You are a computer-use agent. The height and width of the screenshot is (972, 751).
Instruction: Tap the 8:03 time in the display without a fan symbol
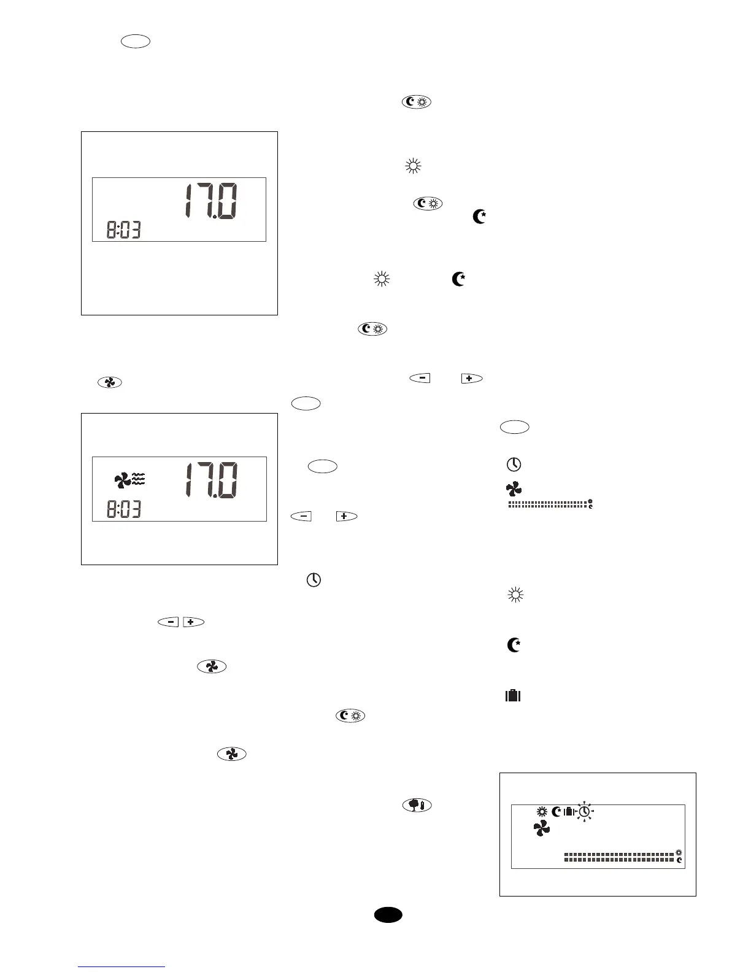pos(123,231)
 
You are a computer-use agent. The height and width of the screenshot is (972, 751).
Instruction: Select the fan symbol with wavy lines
pos(129,479)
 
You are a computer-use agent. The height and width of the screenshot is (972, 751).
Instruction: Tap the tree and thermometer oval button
pos(417,805)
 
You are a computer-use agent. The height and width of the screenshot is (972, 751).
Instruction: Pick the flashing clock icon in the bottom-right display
pos(584,812)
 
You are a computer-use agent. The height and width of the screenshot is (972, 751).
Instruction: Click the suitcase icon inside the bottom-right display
pos(568,811)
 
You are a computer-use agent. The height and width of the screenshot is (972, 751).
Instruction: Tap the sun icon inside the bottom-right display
pos(541,811)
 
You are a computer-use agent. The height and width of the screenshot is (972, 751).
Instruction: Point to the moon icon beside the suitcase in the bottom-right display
pos(556,811)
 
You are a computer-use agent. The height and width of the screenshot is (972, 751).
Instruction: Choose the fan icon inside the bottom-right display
pos(541,828)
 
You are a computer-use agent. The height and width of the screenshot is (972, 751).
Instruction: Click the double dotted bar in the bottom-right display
pos(619,857)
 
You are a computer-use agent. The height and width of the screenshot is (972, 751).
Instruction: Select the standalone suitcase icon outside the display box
pos(512,695)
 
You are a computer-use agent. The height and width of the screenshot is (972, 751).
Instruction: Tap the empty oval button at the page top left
pos(136,42)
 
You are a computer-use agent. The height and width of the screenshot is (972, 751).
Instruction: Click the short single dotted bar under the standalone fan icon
pos(547,504)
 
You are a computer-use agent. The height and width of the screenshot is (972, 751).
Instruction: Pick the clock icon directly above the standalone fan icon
pos(514,464)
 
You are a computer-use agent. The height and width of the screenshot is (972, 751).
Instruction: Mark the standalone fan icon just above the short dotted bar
pos(514,489)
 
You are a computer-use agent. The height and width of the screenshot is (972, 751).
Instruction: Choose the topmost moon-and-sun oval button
pos(417,102)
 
